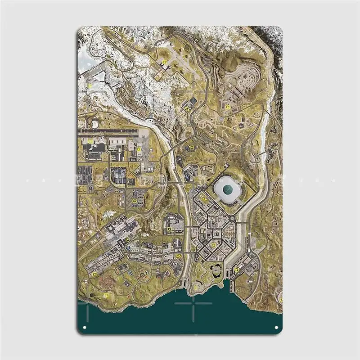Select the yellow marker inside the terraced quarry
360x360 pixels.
(228, 107)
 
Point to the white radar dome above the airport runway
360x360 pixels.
(95, 123)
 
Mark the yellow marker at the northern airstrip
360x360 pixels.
(165, 63)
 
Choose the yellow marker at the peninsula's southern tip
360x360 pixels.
(196, 286)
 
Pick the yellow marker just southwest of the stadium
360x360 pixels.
(203, 198)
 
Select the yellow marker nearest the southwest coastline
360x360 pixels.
(106, 295)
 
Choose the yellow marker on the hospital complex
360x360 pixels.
(169, 229)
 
